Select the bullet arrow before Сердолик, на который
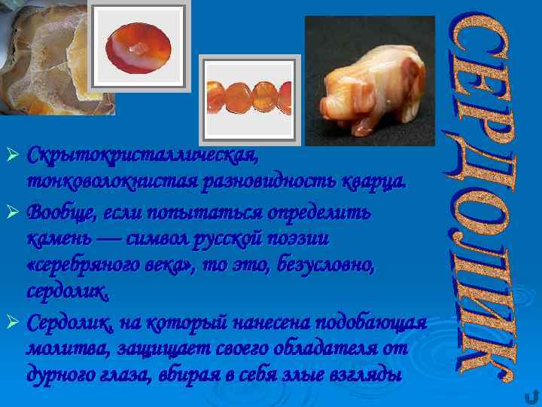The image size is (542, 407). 13,323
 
